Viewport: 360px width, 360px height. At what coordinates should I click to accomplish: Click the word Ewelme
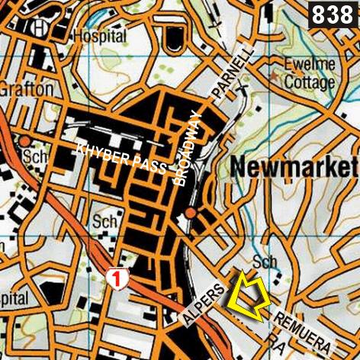coord(309,64)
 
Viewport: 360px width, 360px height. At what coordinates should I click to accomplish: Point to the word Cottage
coord(308,82)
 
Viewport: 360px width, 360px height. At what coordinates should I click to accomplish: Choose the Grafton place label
coord(26,88)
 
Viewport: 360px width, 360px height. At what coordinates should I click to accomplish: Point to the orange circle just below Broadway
coord(190,213)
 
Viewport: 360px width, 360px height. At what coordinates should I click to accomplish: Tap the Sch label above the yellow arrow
coord(265,262)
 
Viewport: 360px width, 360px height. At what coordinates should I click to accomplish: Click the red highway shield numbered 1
coord(117,278)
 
